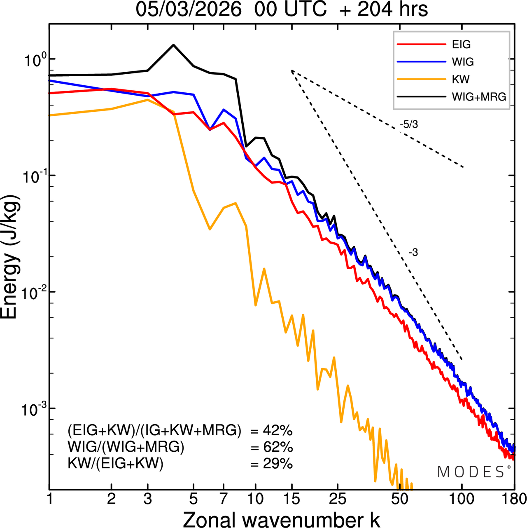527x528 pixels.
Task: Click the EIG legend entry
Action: [x=461, y=45]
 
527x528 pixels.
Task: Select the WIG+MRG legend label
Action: [x=479, y=97]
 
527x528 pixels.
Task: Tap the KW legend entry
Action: [x=461, y=79]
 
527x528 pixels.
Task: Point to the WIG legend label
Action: [x=463, y=62]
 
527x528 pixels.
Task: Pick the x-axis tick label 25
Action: [x=338, y=499]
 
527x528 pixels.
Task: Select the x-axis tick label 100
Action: [x=462, y=499]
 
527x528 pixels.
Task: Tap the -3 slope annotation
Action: [x=413, y=253]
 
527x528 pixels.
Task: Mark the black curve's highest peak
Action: [x=173, y=45]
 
